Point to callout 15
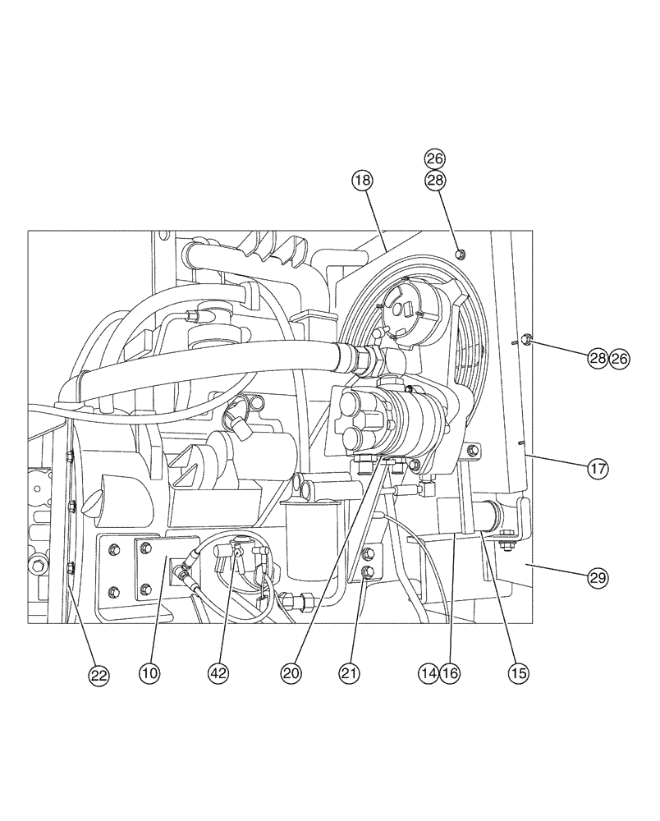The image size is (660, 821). tap(517, 673)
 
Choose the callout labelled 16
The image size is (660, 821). tap(449, 673)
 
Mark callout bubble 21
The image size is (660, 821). tap(351, 673)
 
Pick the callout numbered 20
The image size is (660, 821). tap(291, 673)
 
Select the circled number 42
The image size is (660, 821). tap(218, 673)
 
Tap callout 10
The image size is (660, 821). tap(149, 673)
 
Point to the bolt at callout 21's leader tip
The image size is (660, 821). tap(366, 571)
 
